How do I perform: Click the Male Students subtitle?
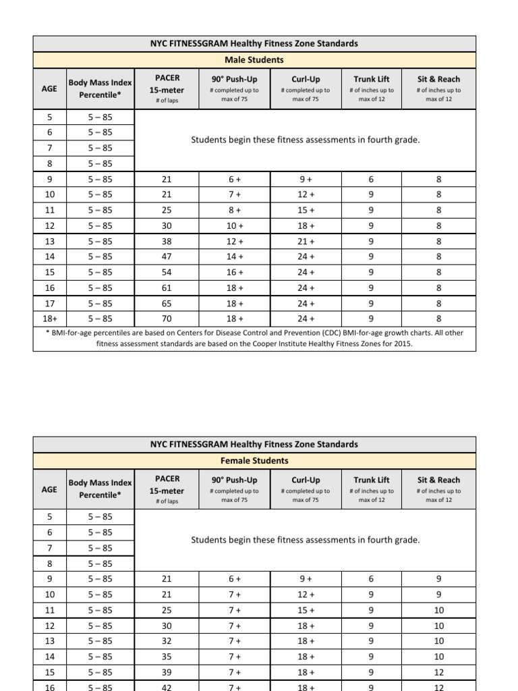tap(254, 59)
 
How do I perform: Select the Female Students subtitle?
tap(254, 460)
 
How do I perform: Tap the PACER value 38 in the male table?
tap(167, 241)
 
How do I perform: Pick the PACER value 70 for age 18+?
tap(167, 319)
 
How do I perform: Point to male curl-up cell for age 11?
tap(306, 210)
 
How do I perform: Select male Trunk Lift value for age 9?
tap(371, 179)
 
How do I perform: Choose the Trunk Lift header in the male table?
tap(371, 79)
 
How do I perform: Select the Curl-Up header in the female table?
tap(306, 480)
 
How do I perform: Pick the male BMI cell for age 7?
tap(100, 147)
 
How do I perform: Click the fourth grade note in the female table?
tap(306, 540)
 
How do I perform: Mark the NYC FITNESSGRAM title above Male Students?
tap(254, 43)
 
